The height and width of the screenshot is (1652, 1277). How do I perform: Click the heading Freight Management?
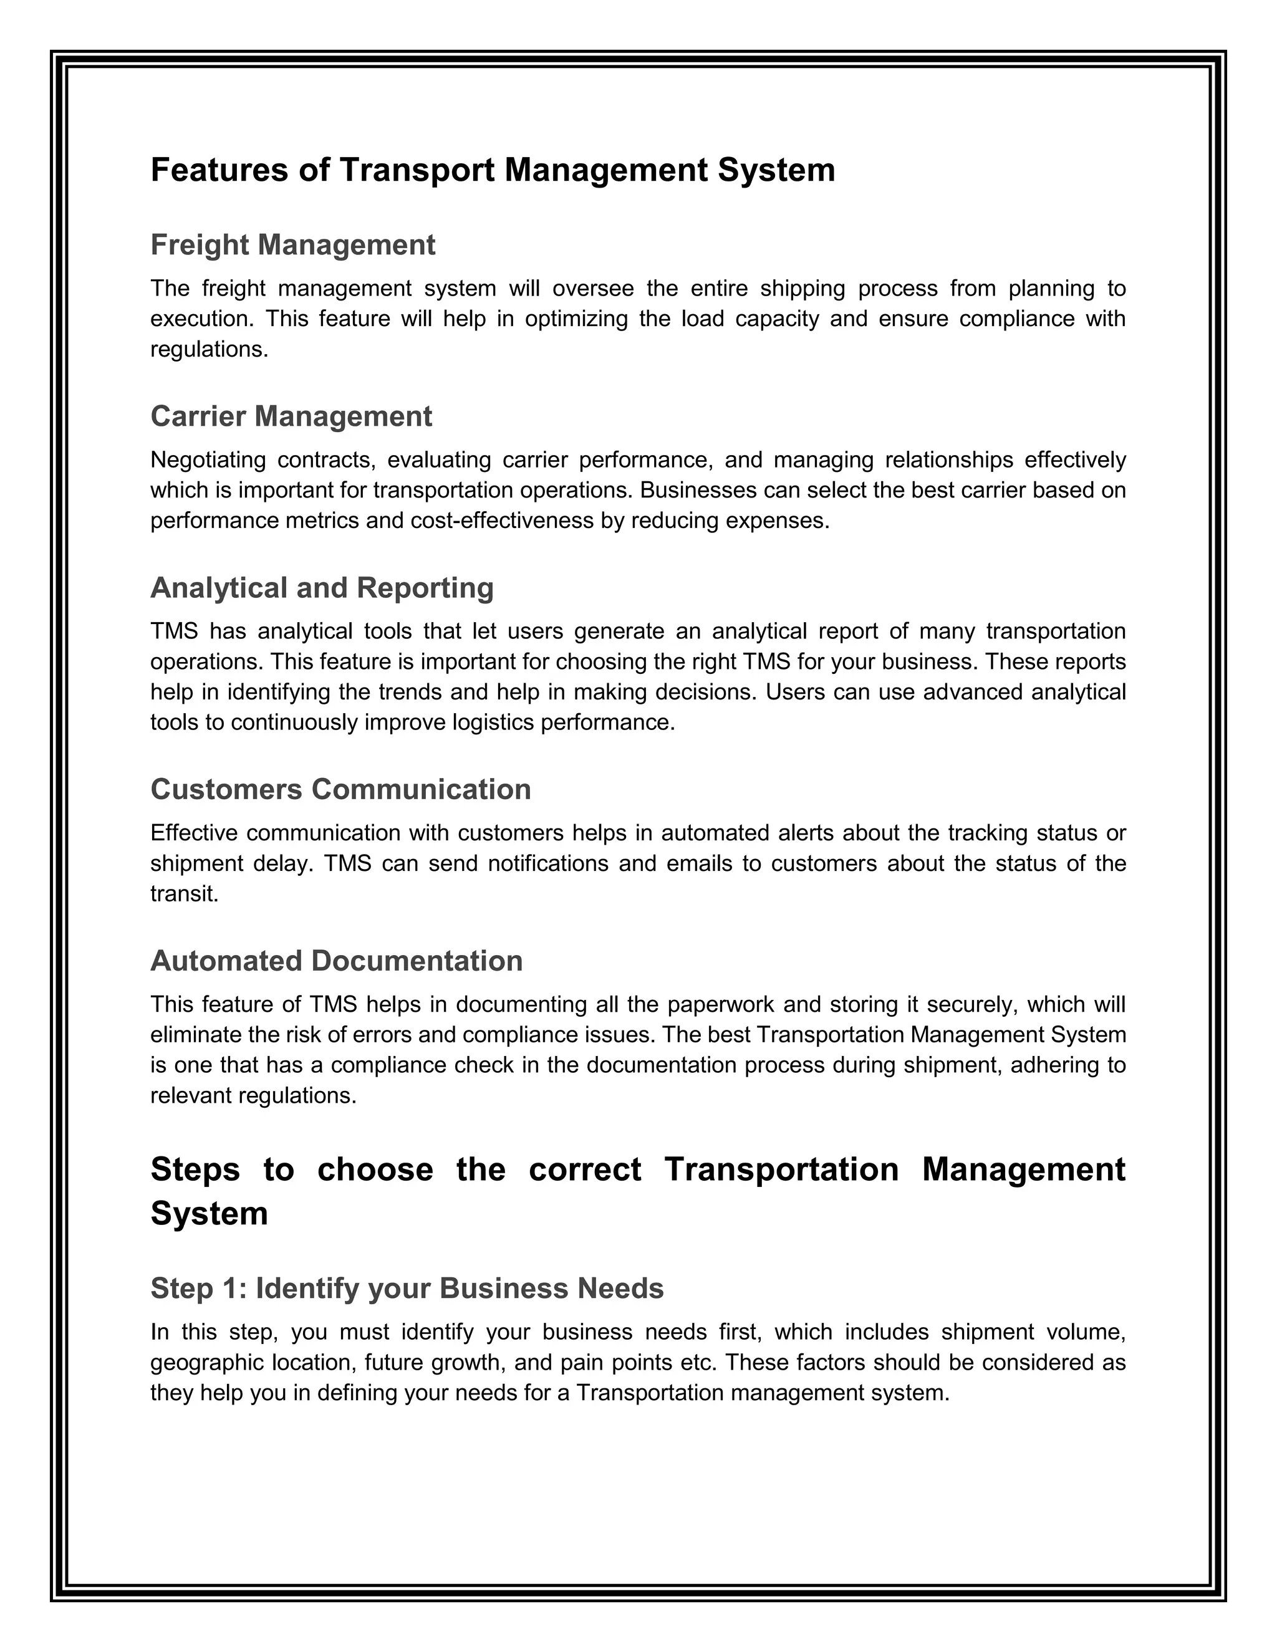click(293, 245)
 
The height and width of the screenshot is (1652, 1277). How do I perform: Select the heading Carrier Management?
click(291, 416)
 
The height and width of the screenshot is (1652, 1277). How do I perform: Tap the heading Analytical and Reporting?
click(322, 588)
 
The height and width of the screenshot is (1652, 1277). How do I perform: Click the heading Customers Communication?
click(340, 789)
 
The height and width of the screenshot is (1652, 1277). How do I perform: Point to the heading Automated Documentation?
click(337, 961)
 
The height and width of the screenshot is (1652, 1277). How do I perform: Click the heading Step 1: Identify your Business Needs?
click(407, 1288)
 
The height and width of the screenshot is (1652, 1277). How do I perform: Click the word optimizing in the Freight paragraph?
click(577, 319)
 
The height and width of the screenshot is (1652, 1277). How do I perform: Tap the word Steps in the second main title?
click(195, 1169)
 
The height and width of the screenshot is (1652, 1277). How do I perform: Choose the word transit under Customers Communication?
click(184, 894)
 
